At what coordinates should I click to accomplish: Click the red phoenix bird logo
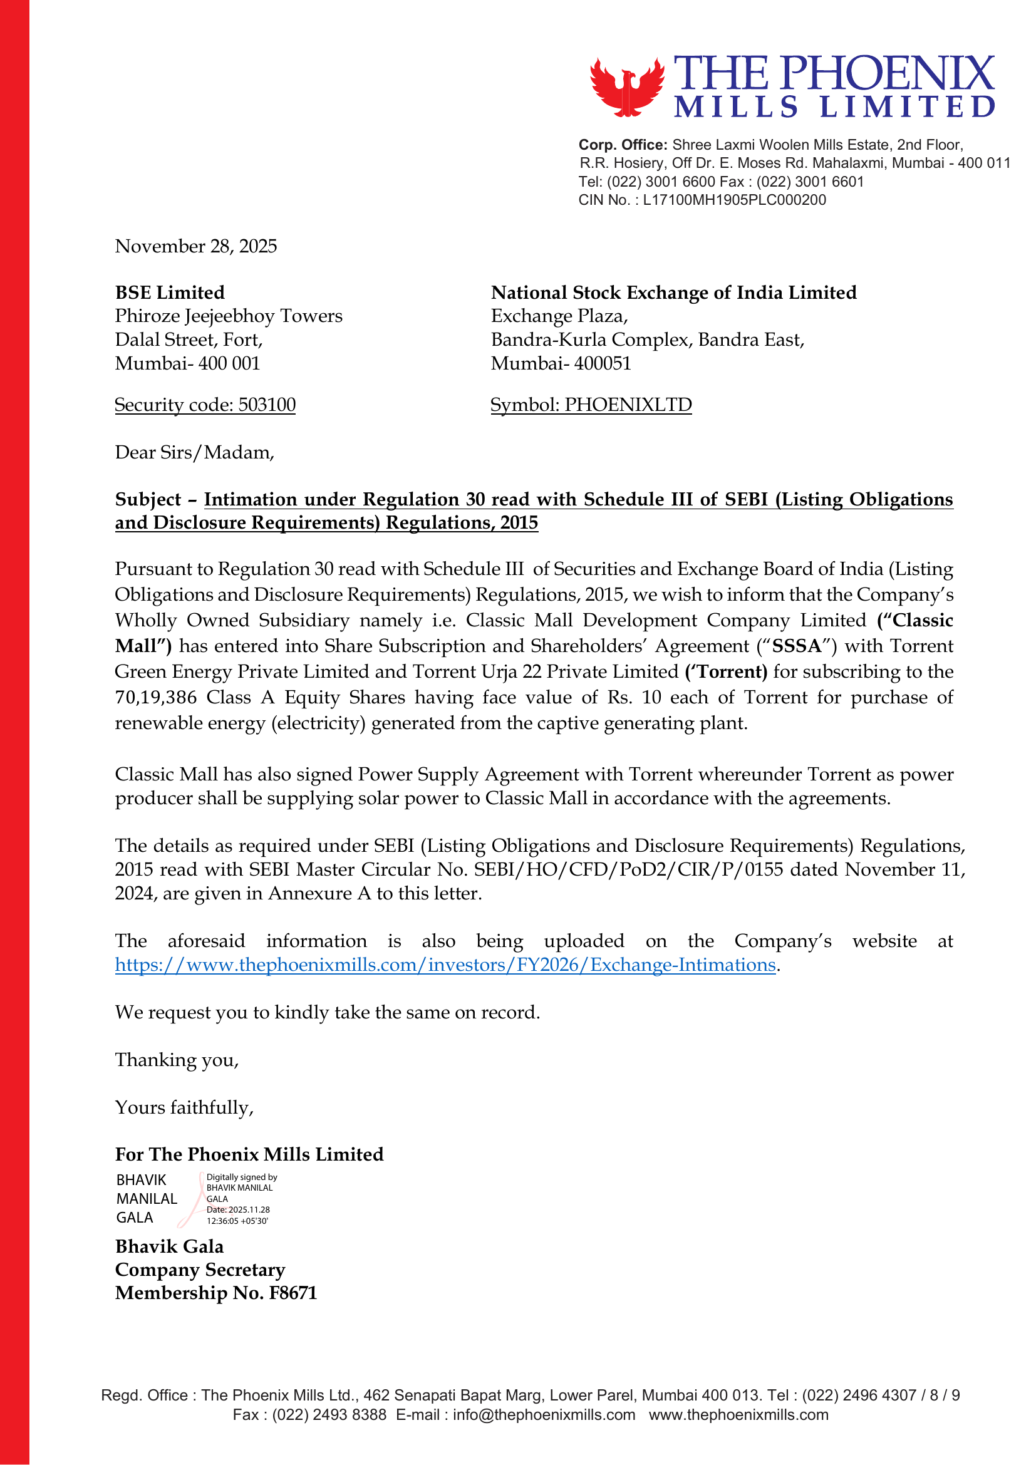pyautogui.click(x=626, y=88)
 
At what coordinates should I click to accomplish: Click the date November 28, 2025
pyautogui.click(x=196, y=246)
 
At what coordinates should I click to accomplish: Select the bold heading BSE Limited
pyautogui.click(x=170, y=292)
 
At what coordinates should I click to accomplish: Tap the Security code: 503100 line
pyautogui.click(x=205, y=405)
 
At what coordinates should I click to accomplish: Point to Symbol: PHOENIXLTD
pyautogui.click(x=591, y=405)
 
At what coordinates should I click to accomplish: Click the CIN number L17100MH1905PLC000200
pyautogui.click(x=734, y=200)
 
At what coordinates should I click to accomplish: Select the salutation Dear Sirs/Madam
pyautogui.click(x=194, y=452)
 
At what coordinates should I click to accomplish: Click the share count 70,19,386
pyautogui.click(x=156, y=697)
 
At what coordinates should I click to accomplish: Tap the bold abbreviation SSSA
pyautogui.click(x=796, y=646)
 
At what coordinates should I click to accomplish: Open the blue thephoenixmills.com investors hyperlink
pyautogui.click(x=445, y=965)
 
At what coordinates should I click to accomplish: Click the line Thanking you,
pyautogui.click(x=177, y=1060)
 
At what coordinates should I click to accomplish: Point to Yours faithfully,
pyautogui.click(x=184, y=1108)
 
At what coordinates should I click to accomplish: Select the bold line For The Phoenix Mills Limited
pyautogui.click(x=249, y=1154)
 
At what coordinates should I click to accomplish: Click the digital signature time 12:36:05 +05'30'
pyautogui.click(x=237, y=1221)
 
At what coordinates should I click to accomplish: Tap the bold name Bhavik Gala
pyautogui.click(x=170, y=1246)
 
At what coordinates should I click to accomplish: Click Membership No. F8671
pyautogui.click(x=215, y=1293)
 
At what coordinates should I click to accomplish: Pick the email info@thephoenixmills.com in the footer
pyautogui.click(x=544, y=1415)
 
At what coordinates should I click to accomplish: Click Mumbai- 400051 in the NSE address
pyautogui.click(x=561, y=364)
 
